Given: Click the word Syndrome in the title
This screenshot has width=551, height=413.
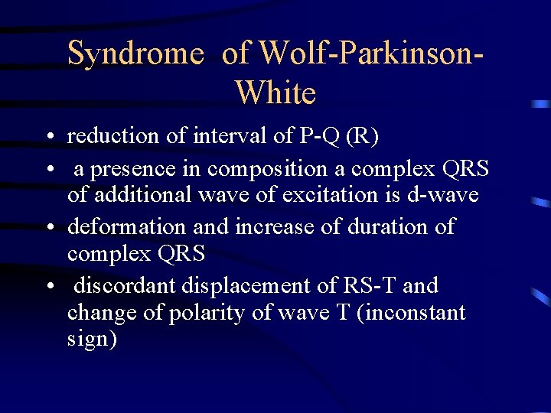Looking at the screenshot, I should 136,54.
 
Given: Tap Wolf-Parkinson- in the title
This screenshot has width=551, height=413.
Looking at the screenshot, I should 373,54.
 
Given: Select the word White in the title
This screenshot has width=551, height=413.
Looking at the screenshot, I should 275,93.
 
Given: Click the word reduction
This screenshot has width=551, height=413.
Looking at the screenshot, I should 115,136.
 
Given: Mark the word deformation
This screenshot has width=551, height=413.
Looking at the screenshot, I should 126,226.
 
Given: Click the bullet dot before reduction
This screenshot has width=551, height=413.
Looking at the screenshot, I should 48,138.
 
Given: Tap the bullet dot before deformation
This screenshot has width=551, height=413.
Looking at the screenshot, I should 48,228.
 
